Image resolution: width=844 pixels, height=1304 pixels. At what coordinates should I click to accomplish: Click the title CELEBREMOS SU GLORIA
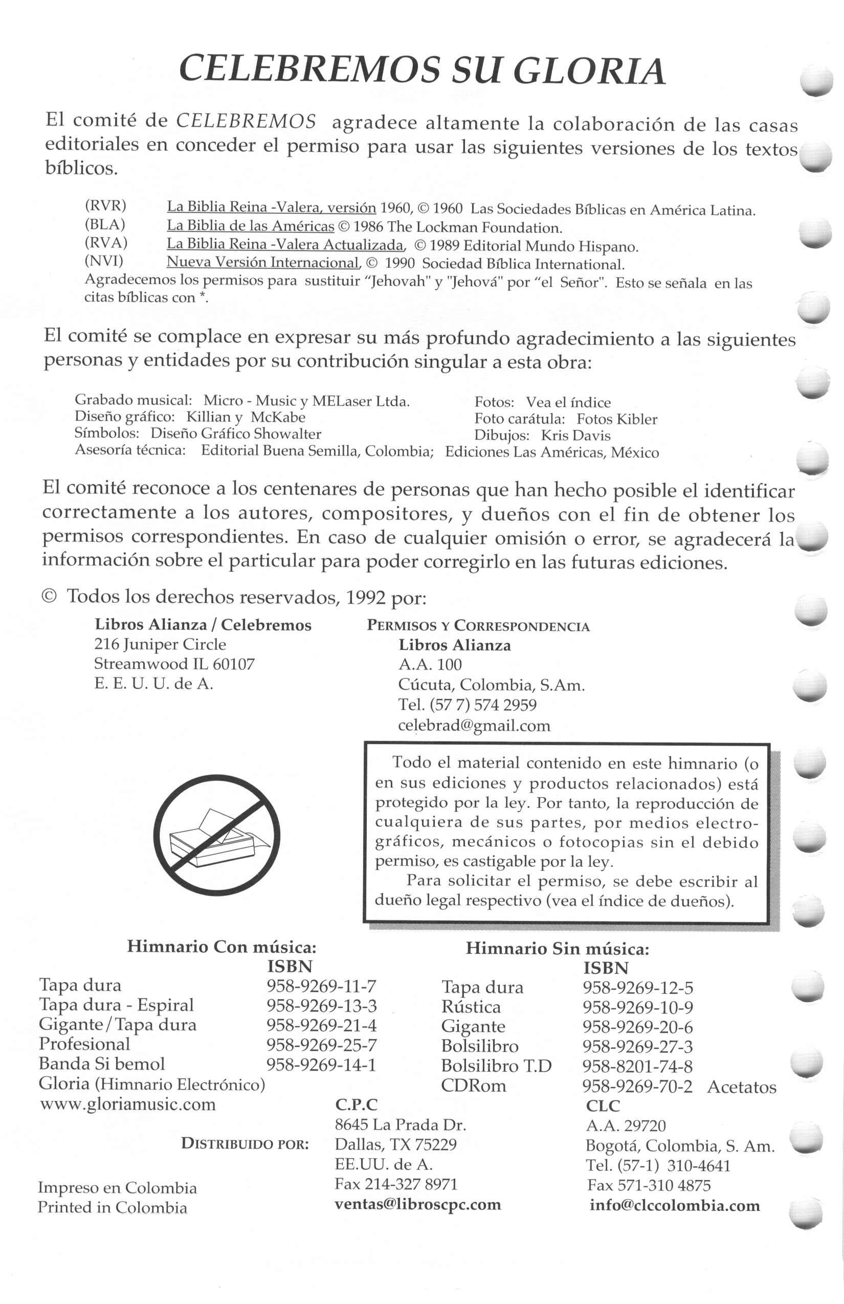pyautogui.click(x=422, y=71)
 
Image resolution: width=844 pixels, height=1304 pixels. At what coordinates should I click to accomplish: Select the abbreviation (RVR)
pyautogui.click(x=105, y=206)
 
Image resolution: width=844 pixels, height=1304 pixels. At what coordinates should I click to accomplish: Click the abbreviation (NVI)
pyautogui.click(x=104, y=261)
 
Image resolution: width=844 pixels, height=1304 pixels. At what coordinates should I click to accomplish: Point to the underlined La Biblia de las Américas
pyautogui.click(x=251, y=226)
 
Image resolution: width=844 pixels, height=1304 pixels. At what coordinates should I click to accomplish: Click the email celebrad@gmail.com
pyautogui.click(x=474, y=726)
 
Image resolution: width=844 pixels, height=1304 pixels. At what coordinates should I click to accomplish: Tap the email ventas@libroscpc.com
pyautogui.click(x=417, y=1204)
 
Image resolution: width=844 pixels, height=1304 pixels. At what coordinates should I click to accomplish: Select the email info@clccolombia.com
pyautogui.click(x=675, y=1205)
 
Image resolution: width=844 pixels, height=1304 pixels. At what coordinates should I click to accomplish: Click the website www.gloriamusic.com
pyautogui.click(x=128, y=1104)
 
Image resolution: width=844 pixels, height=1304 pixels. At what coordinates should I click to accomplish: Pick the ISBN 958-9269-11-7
pyautogui.click(x=321, y=986)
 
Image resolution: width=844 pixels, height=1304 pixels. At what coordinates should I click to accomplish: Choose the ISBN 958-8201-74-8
pyautogui.click(x=637, y=1066)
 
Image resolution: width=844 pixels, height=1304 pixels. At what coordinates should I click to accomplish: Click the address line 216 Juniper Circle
pyautogui.click(x=160, y=644)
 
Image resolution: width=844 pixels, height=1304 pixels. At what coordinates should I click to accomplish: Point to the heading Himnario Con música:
pyautogui.click(x=221, y=947)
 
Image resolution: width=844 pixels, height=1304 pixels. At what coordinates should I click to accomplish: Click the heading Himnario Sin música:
pyautogui.click(x=558, y=949)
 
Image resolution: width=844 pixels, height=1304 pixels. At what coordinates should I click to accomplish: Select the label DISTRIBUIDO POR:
pyautogui.click(x=245, y=1144)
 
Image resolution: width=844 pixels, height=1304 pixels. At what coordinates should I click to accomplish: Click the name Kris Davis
pyautogui.click(x=575, y=436)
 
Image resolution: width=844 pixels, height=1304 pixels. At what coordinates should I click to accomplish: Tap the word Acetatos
pyautogui.click(x=742, y=1087)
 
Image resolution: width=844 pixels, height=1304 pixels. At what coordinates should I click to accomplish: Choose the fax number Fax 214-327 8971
pyautogui.click(x=396, y=1184)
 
